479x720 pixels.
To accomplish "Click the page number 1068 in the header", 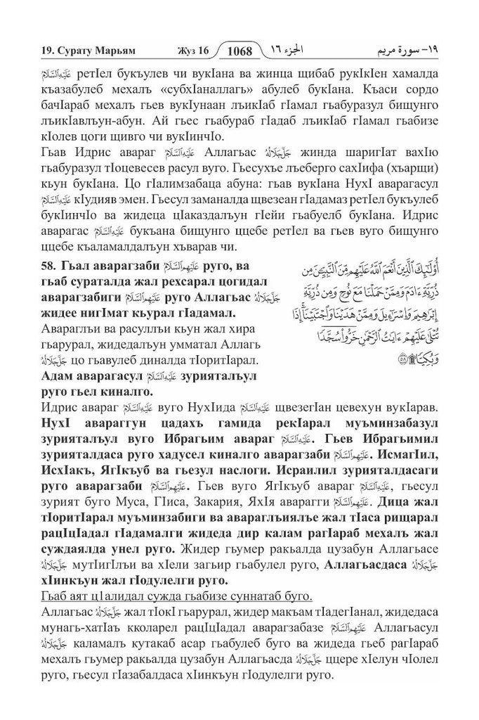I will point(240,51).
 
